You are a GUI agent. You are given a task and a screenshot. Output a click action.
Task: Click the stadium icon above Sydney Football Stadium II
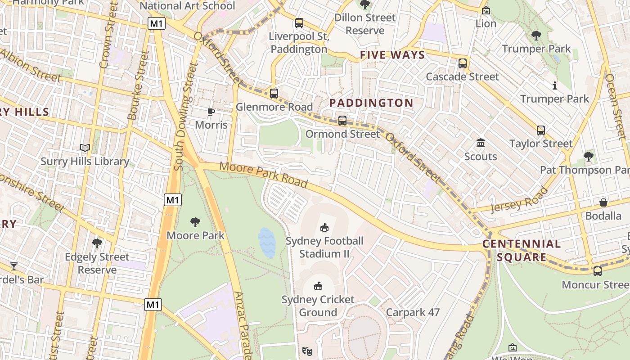(x=324, y=227)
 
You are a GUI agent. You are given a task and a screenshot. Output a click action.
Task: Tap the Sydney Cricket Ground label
(x=318, y=306)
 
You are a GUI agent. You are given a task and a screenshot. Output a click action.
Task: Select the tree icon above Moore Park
(x=195, y=222)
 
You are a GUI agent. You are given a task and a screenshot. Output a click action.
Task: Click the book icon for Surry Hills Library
(x=85, y=148)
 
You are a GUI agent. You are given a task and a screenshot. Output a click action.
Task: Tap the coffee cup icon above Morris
(x=211, y=112)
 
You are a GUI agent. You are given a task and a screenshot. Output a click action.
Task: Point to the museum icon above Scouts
(x=481, y=143)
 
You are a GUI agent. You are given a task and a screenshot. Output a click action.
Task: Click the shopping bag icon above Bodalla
(x=603, y=202)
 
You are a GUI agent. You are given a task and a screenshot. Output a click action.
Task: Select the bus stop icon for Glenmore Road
(x=274, y=94)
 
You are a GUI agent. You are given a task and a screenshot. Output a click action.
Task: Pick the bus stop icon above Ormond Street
(x=342, y=121)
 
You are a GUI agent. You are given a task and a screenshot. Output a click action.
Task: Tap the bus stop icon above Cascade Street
(x=462, y=63)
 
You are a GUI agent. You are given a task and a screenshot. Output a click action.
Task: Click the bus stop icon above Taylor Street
(x=540, y=130)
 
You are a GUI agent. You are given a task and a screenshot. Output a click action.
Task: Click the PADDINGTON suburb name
(x=371, y=103)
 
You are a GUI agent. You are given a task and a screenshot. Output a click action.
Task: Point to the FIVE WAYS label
(x=392, y=55)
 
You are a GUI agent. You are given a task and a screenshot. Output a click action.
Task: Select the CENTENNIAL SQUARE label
(x=522, y=251)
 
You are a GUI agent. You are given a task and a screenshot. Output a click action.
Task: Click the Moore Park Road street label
(x=263, y=175)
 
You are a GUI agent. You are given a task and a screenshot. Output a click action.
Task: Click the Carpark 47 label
(x=413, y=312)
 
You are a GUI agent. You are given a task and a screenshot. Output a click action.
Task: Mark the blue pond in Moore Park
(x=267, y=243)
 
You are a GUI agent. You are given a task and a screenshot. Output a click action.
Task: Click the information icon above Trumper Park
(x=554, y=85)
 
